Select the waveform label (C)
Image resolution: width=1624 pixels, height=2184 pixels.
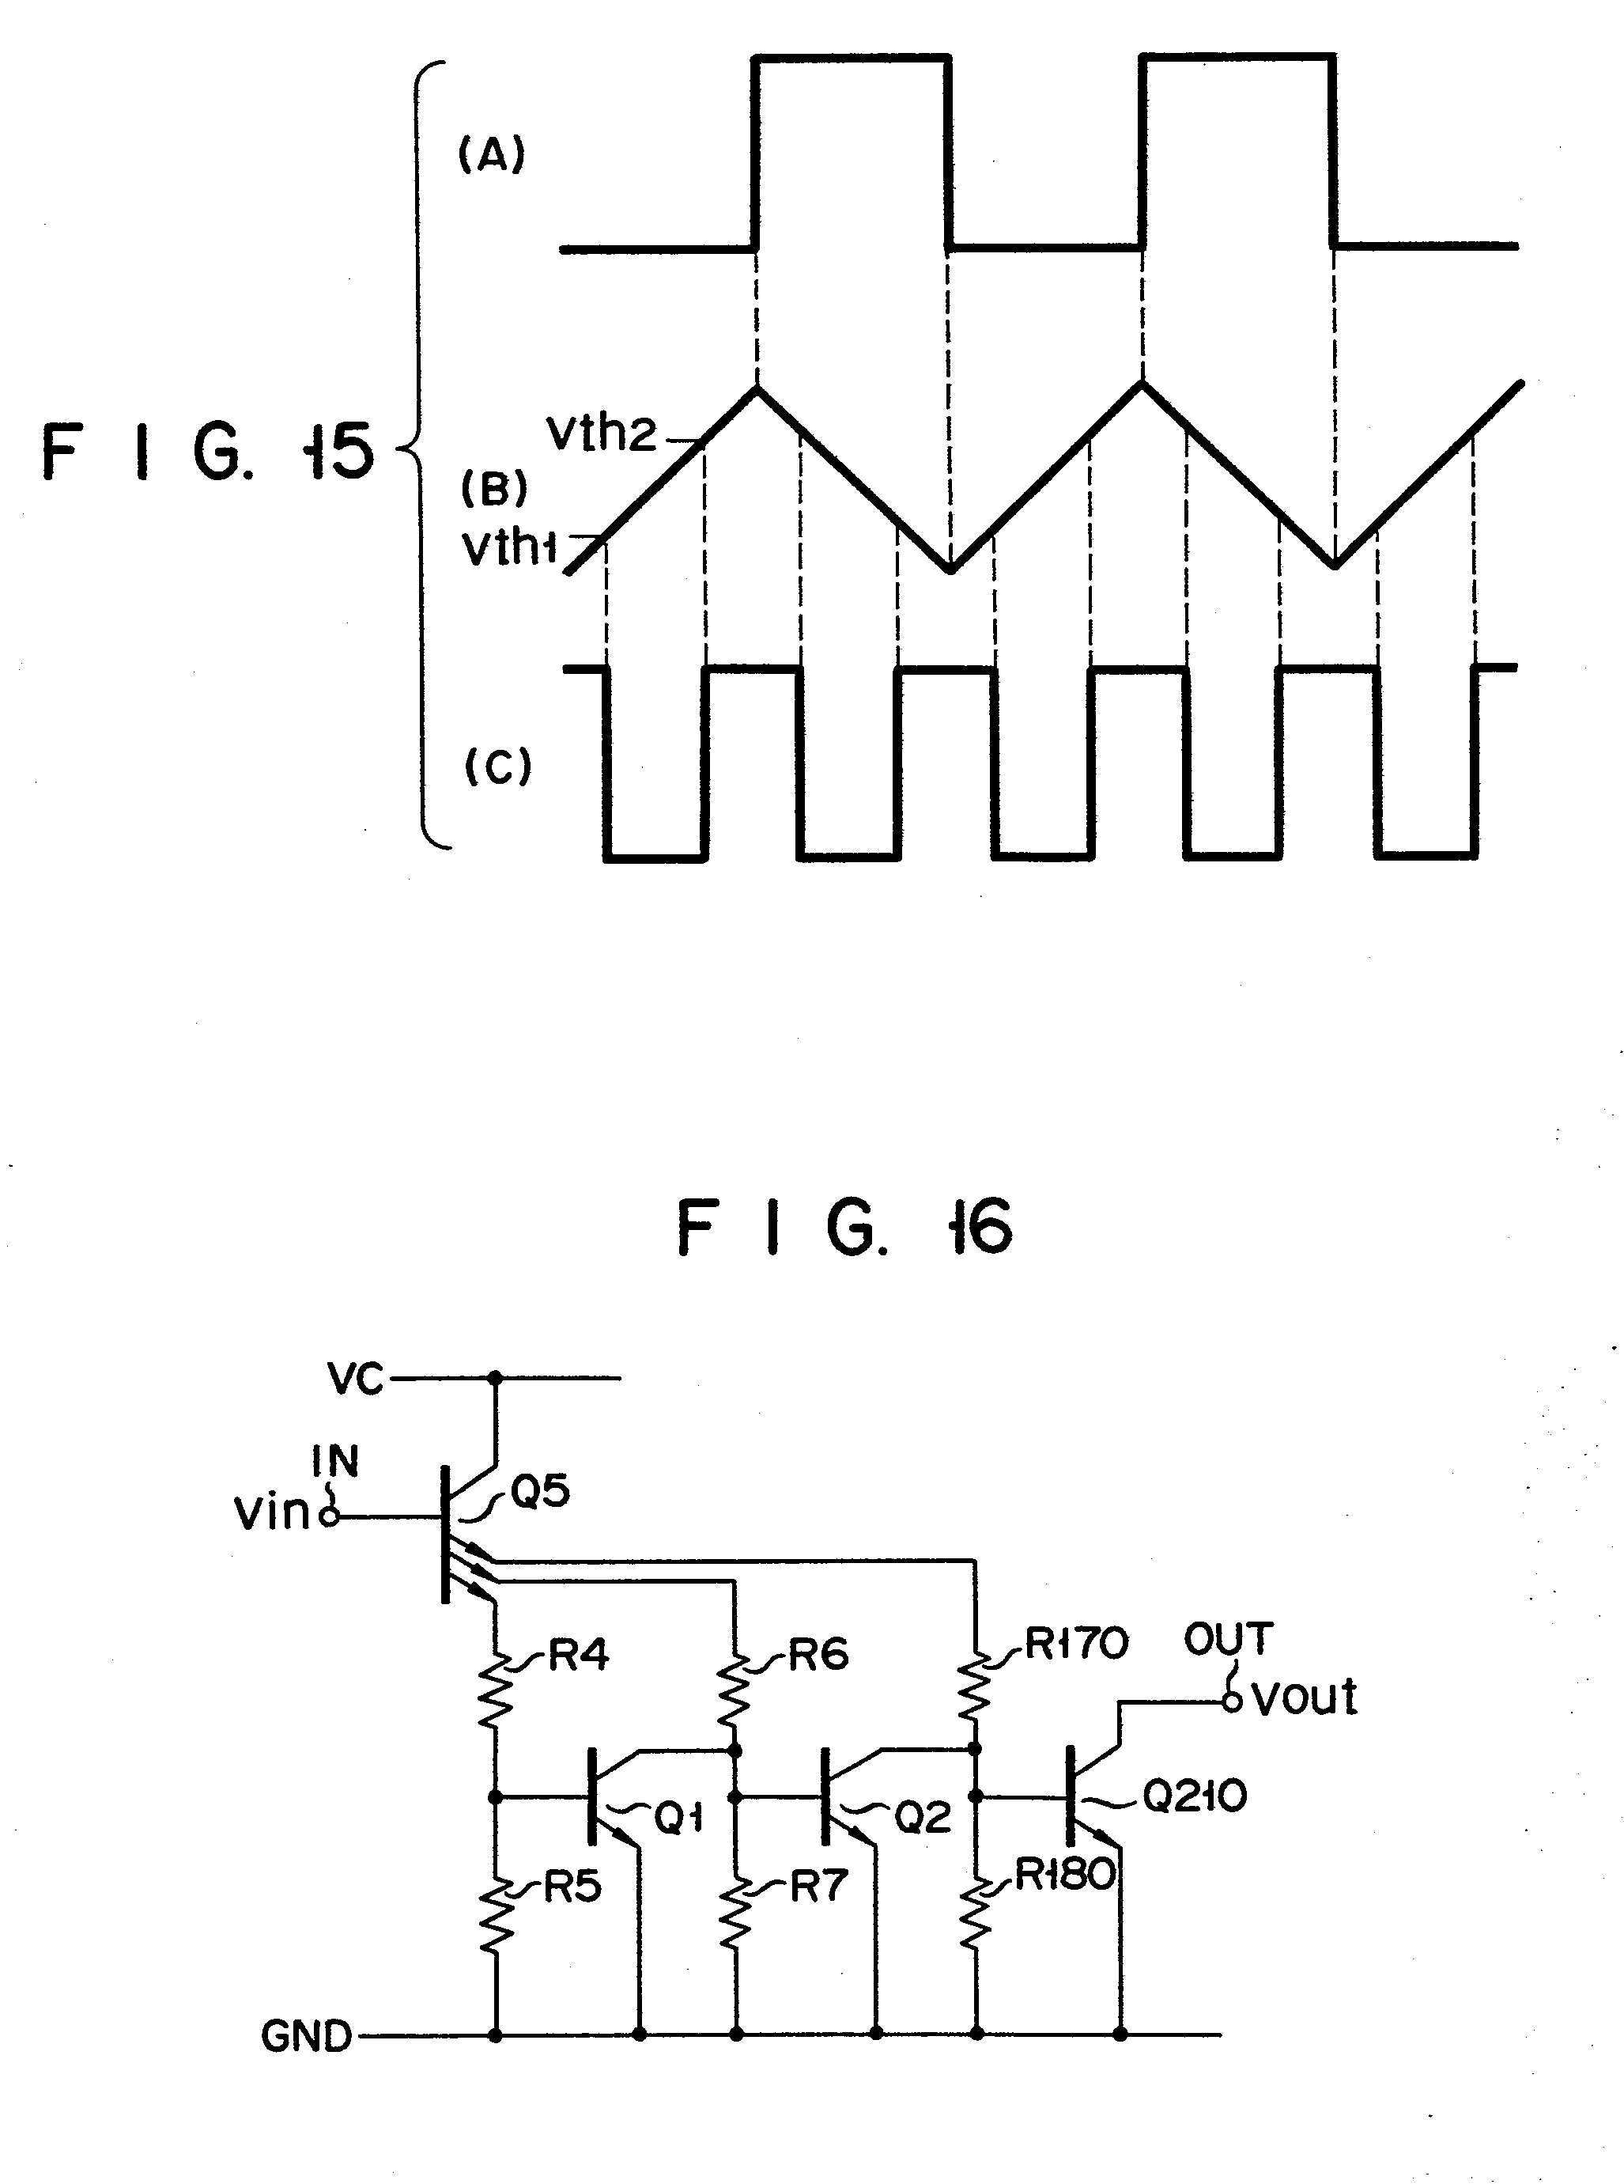497,766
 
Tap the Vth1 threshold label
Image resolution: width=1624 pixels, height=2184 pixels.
509,547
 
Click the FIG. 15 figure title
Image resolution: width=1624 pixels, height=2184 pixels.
207,452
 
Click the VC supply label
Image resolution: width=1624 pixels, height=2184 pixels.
356,1380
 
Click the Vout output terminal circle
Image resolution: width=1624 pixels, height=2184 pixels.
1232,1702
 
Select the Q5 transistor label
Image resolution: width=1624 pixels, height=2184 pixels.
540,1491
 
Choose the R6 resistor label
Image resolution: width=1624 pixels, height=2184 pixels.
818,1655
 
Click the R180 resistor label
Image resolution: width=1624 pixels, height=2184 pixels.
1065,1876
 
